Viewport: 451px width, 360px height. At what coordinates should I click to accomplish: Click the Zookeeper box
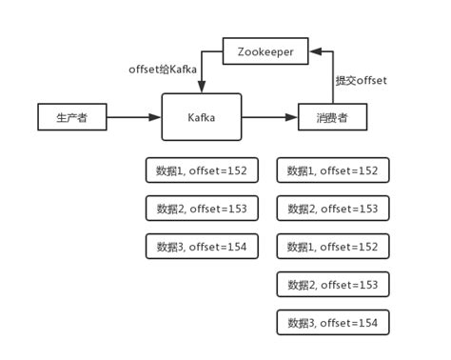(x=265, y=50)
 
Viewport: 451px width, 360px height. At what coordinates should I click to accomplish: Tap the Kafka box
(x=201, y=117)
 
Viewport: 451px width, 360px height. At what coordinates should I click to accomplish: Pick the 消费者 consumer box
(x=332, y=117)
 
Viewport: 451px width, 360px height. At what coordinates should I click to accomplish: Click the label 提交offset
(x=361, y=81)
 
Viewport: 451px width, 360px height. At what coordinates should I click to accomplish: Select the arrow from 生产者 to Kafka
(x=133, y=117)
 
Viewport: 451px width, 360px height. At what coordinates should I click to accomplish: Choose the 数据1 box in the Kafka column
(x=201, y=170)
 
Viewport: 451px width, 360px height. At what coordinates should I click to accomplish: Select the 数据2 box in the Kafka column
(x=201, y=209)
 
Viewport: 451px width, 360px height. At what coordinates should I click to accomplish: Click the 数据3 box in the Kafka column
(x=201, y=247)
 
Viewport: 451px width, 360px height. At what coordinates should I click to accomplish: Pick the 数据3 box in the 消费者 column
(x=332, y=323)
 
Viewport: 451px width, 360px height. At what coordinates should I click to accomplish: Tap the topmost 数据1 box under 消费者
(x=332, y=170)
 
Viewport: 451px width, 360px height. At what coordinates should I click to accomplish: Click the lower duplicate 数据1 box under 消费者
(x=332, y=247)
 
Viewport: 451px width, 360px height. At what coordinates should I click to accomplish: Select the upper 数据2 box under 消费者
(x=332, y=209)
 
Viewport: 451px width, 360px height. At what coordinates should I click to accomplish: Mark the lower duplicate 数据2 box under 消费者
(x=332, y=285)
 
